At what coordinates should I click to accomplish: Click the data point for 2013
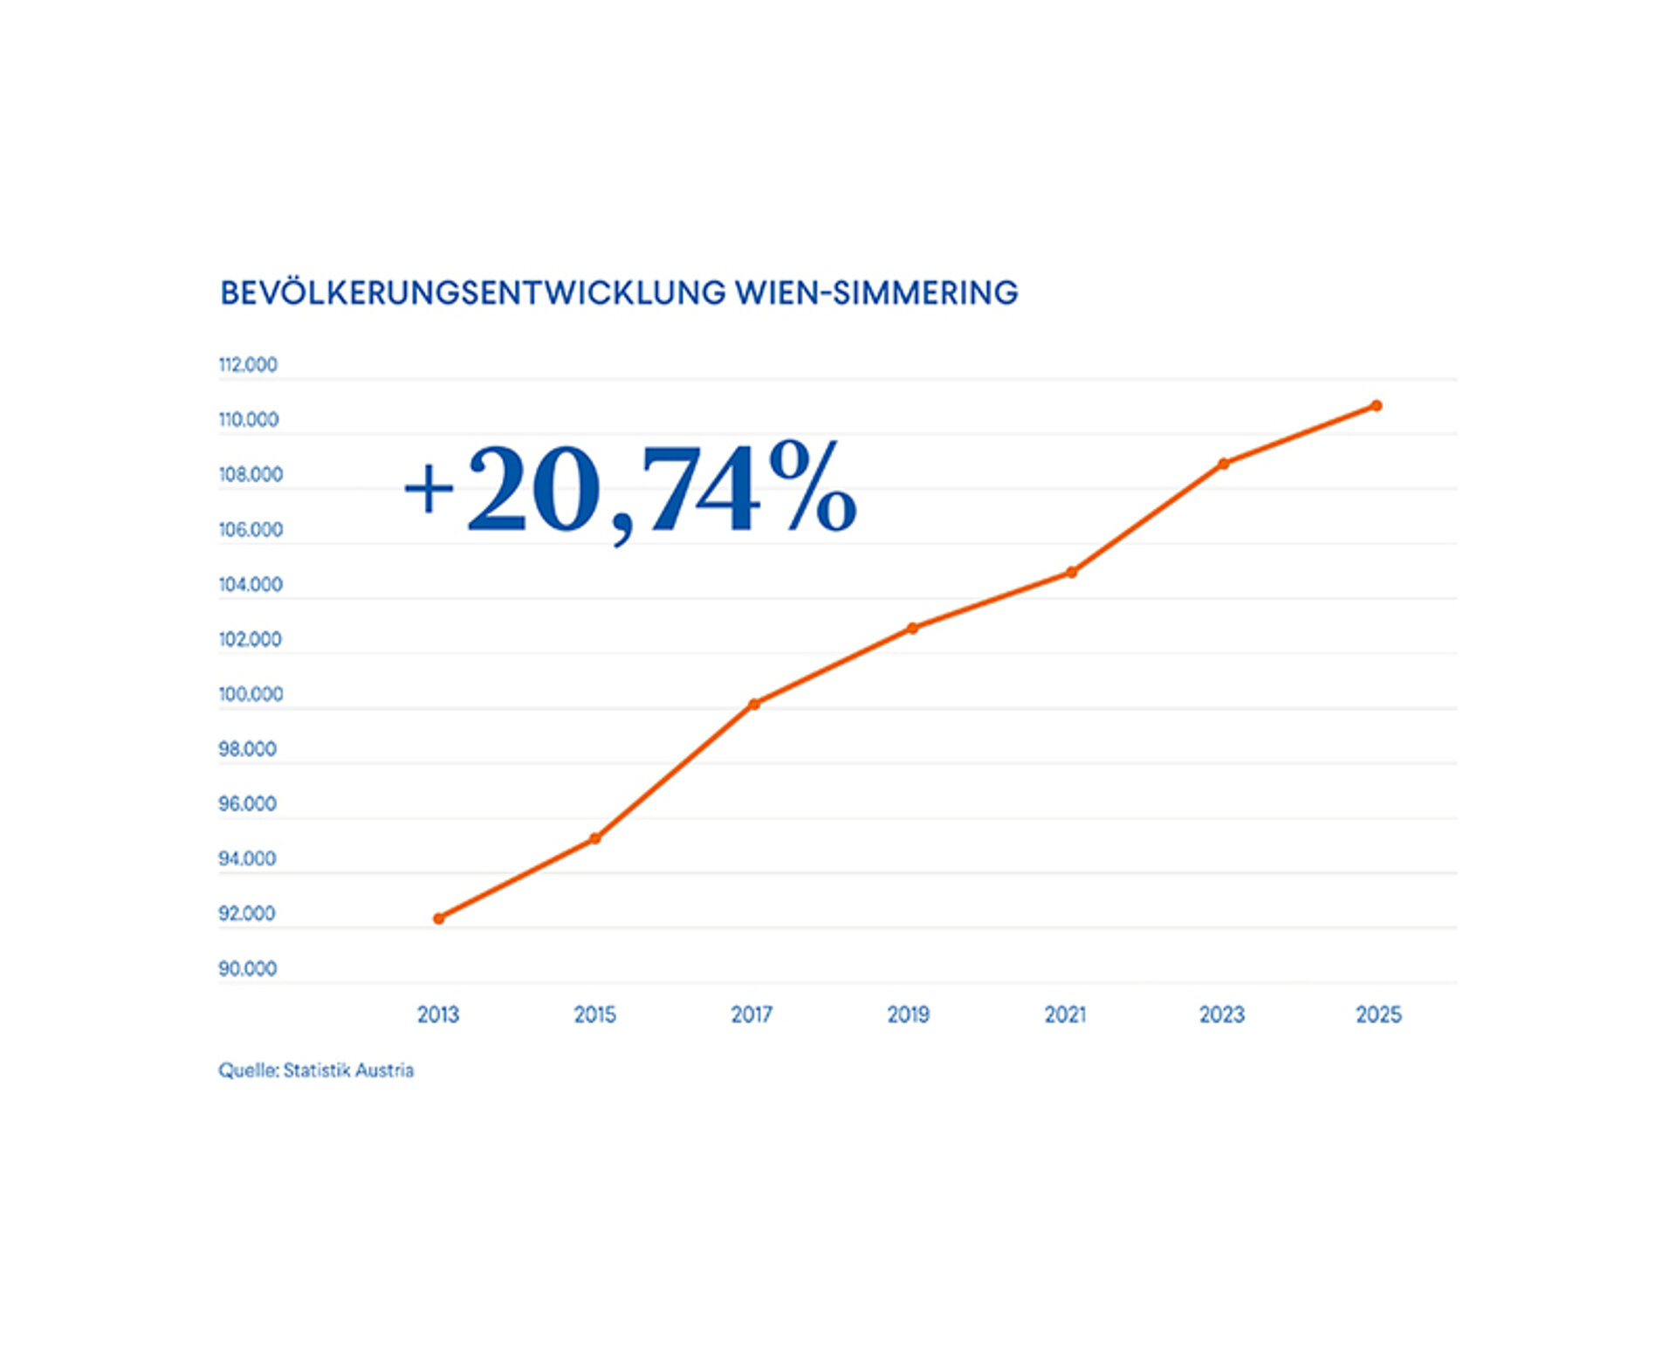(x=439, y=919)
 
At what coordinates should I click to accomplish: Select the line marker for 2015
(x=595, y=838)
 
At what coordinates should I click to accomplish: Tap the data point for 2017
(x=754, y=704)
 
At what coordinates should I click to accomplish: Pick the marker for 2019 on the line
(x=912, y=628)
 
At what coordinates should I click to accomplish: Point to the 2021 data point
(x=1072, y=572)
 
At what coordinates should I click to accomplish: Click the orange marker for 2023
(x=1224, y=464)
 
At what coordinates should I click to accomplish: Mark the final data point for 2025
(x=1377, y=405)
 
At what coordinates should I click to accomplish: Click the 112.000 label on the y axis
(x=248, y=365)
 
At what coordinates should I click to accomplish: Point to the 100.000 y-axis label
(x=251, y=694)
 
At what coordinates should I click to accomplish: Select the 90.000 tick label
(x=247, y=968)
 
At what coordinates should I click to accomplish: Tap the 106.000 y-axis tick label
(x=251, y=530)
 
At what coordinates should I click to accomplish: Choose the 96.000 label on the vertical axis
(x=247, y=803)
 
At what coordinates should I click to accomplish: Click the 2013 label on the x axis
(x=438, y=1015)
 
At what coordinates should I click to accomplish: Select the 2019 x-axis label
(x=909, y=1015)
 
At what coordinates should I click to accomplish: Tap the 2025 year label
(x=1378, y=1015)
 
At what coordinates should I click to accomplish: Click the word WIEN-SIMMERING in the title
(x=876, y=293)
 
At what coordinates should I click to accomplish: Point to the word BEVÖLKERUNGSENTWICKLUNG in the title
(x=472, y=293)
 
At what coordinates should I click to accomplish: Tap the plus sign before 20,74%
(x=429, y=489)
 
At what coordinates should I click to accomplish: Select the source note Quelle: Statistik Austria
(x=316, y=1070)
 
